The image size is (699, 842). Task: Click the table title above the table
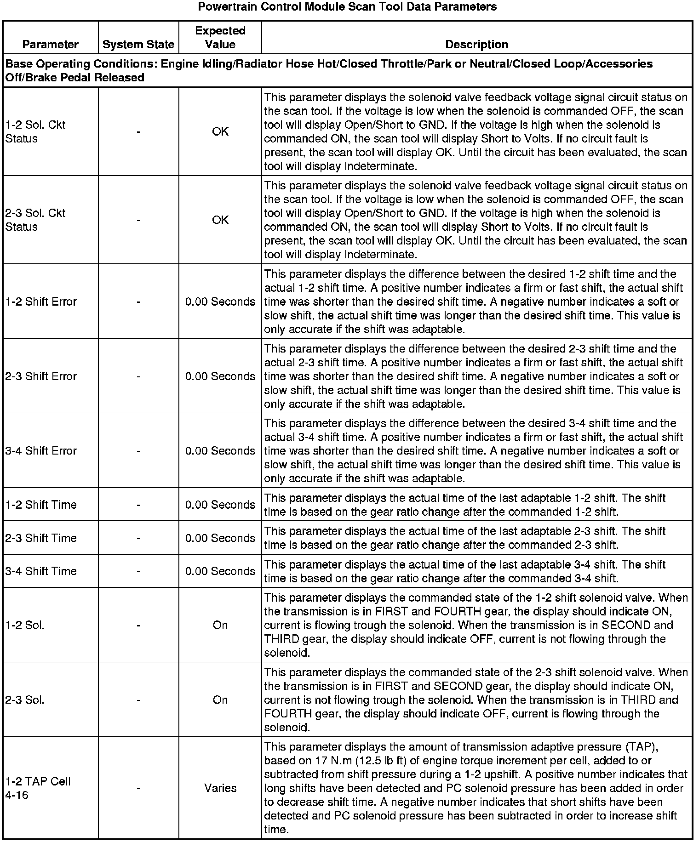[x=347, y=7]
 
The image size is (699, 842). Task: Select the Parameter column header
[x=50, y=45]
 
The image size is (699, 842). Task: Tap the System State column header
[x=138, y=45]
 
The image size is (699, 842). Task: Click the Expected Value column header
[x=220, y=38]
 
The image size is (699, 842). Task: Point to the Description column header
[x=477, y=45]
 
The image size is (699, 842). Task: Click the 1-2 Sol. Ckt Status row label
[x=35, y=131]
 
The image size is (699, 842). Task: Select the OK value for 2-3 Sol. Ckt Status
[x=220, y=220]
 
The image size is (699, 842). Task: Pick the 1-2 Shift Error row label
[x=41, y=302]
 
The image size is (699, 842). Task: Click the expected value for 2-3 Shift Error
[x=220, y=376]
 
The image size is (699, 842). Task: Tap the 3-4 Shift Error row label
[x=41, y=451]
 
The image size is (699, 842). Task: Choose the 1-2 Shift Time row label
[x=41, y=505]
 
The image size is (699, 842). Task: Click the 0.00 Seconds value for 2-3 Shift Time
[x=220, y=538]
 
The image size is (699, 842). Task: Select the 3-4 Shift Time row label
[x=41, y=571]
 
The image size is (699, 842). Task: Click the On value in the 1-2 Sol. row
[x=220, y=625]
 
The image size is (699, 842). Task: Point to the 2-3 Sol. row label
[x=25, y=700]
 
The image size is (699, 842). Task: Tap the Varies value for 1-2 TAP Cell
[x=220, y=788]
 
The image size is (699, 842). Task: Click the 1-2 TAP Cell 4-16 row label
[x=38, y=788]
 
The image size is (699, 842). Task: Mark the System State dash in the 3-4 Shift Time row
[x=138, y=571]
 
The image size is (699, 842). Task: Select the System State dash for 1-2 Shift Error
[x=138, y=302]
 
